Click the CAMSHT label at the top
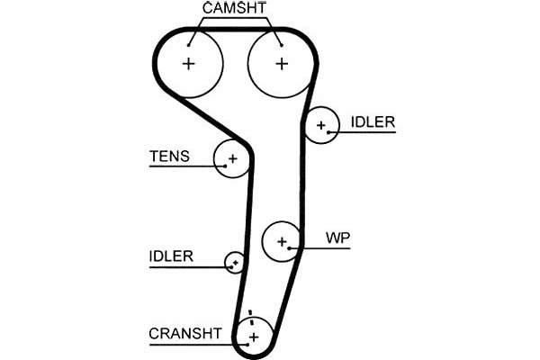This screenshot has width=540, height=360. (235, 8)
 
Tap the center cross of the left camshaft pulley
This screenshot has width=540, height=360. (188, 64)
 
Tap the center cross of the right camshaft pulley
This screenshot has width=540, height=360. (282, 64)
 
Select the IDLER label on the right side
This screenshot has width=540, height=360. (373, 122)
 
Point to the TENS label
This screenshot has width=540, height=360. (169, 156)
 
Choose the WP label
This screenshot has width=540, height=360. (337, 238)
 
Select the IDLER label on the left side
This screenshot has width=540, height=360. (171, 256)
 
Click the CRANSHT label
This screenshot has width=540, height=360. (184, 334)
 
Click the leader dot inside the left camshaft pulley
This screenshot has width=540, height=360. (189, 45)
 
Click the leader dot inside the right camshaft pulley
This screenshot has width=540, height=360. (282, 45)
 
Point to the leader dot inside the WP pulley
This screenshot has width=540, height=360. (290, 248)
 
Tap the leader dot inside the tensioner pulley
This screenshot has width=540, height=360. (225, 166)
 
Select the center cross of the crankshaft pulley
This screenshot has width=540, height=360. (254, 337)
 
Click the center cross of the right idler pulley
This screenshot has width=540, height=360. (321, 125)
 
